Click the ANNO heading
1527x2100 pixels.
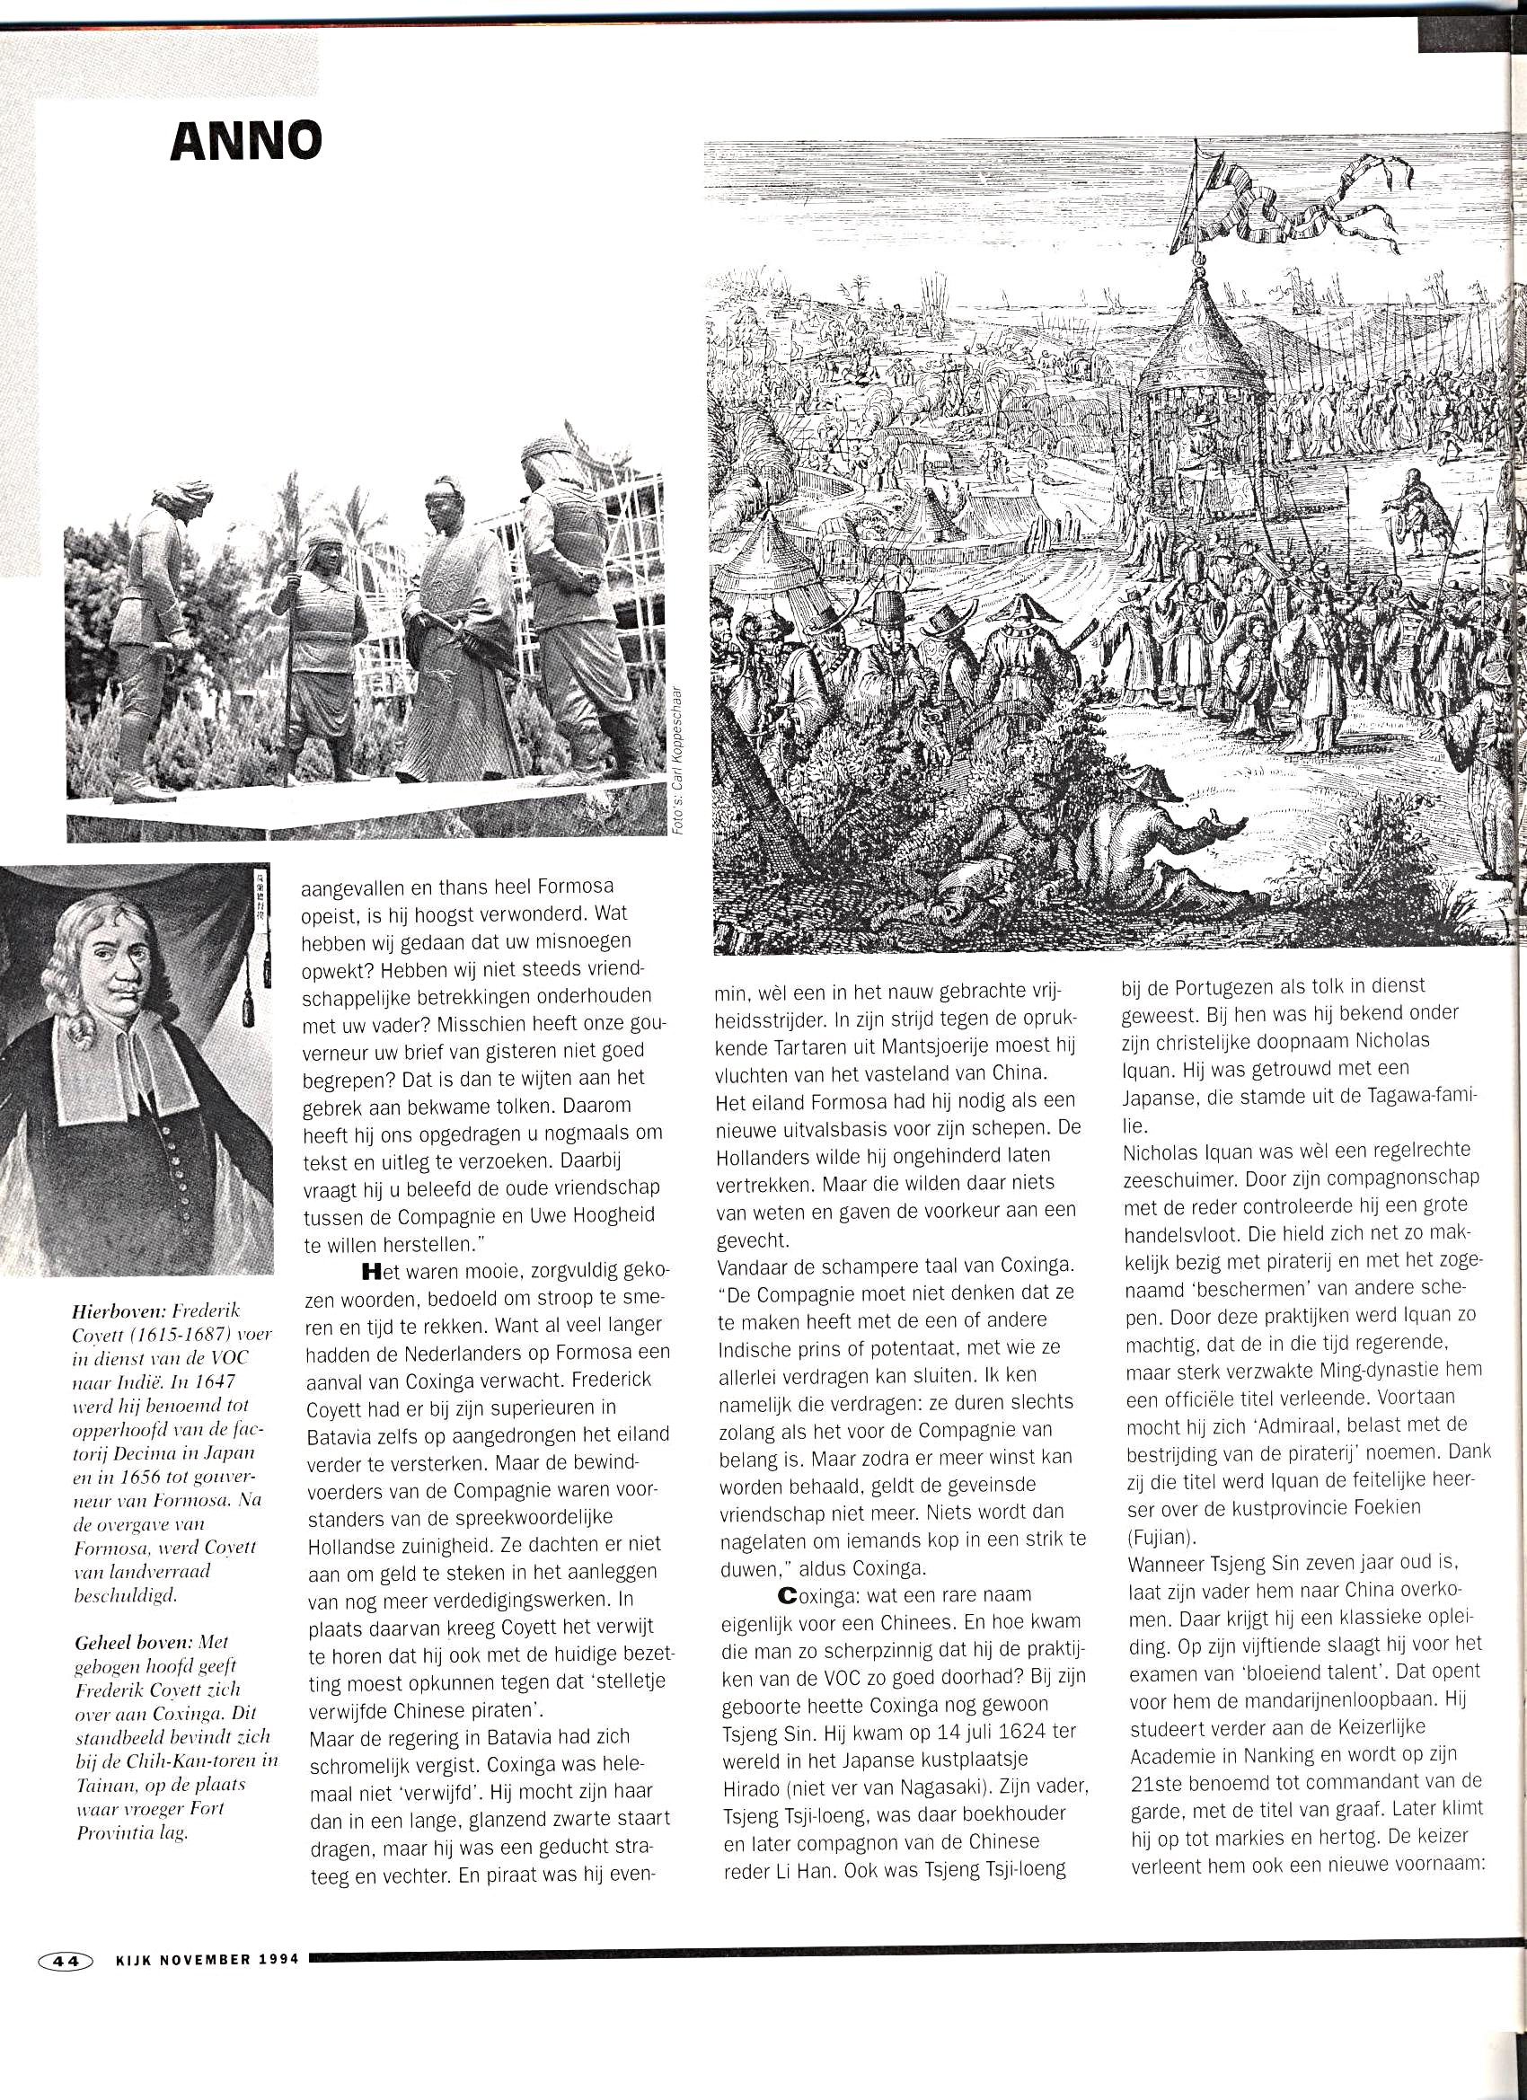coord(246,142)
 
